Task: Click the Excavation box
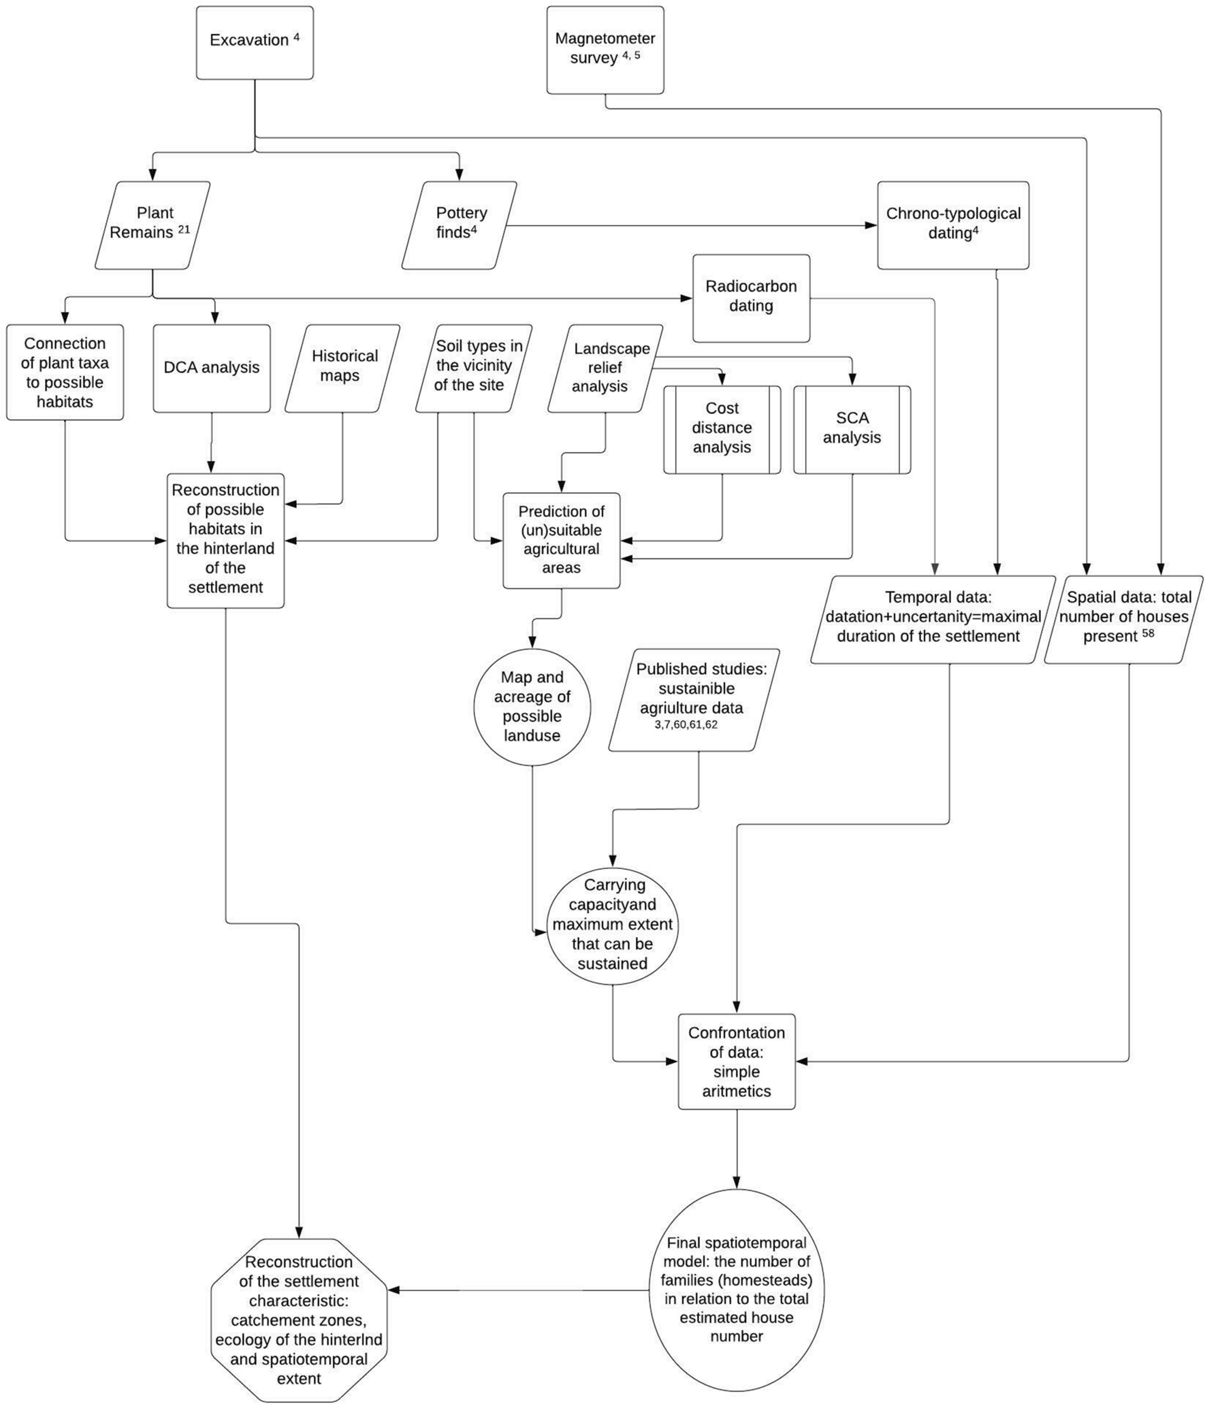[x=254, y=42]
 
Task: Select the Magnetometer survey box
[x=605, y=50]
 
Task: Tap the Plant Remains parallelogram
[x=152, y=224]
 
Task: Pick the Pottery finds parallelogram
[x=459, y=224]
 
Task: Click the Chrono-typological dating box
[x=952, y=224]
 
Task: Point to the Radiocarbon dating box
[x=750, y=298]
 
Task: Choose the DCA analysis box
[x=211, y=368]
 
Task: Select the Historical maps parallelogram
[x=342, y=368]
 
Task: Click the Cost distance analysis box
[x=722, y=428]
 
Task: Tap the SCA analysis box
[x=851, y=428]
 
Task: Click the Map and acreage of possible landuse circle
[x=532, y=707]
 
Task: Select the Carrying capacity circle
[x=612, y=925]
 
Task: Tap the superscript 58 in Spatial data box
[x=1148, y=634]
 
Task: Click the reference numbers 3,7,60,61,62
[x=686, y=725]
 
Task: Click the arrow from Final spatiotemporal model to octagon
[x=517, y=1290]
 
